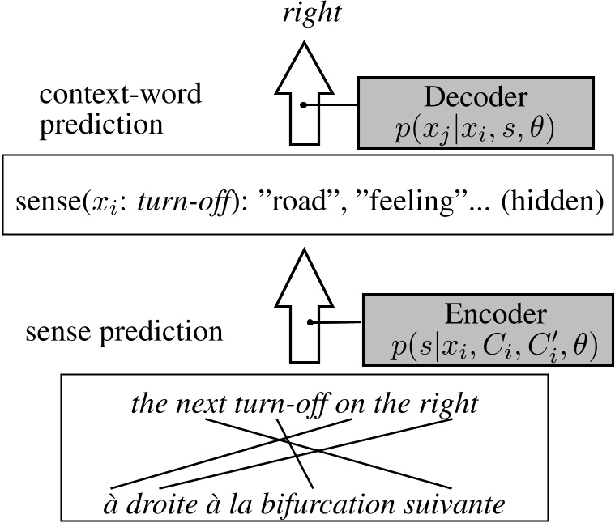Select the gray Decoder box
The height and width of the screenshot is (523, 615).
coord(474,113)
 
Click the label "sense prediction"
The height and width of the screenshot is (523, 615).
coord(123,332)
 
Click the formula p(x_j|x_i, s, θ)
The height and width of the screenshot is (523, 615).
coord(474,130)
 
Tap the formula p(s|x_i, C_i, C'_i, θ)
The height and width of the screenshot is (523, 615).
coord(491,346)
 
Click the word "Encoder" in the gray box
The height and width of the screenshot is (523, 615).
coord(485,313)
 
